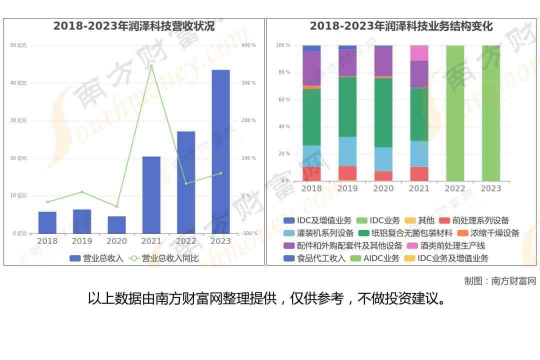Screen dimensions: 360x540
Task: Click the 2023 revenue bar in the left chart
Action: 220,151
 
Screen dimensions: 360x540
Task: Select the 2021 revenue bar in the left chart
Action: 151,195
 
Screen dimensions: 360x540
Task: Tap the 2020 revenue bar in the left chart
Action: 116,225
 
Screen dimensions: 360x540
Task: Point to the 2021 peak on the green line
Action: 151,66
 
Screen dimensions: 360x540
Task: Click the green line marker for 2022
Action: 186,183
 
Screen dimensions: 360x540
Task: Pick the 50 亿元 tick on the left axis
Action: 18,45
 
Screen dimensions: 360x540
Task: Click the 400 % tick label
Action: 248,45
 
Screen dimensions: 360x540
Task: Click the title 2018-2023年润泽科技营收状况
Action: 134,26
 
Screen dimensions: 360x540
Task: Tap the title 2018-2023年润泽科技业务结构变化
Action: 401,26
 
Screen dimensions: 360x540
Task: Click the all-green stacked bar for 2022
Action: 455,113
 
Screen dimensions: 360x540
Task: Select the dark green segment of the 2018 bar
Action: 311,117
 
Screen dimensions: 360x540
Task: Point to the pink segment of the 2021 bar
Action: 419,53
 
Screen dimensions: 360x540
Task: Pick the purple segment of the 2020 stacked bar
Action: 383,61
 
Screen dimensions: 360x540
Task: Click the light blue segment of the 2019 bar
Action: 347,151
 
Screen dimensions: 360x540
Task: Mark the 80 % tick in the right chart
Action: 283,72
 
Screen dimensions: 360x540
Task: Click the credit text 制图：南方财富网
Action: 499,281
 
